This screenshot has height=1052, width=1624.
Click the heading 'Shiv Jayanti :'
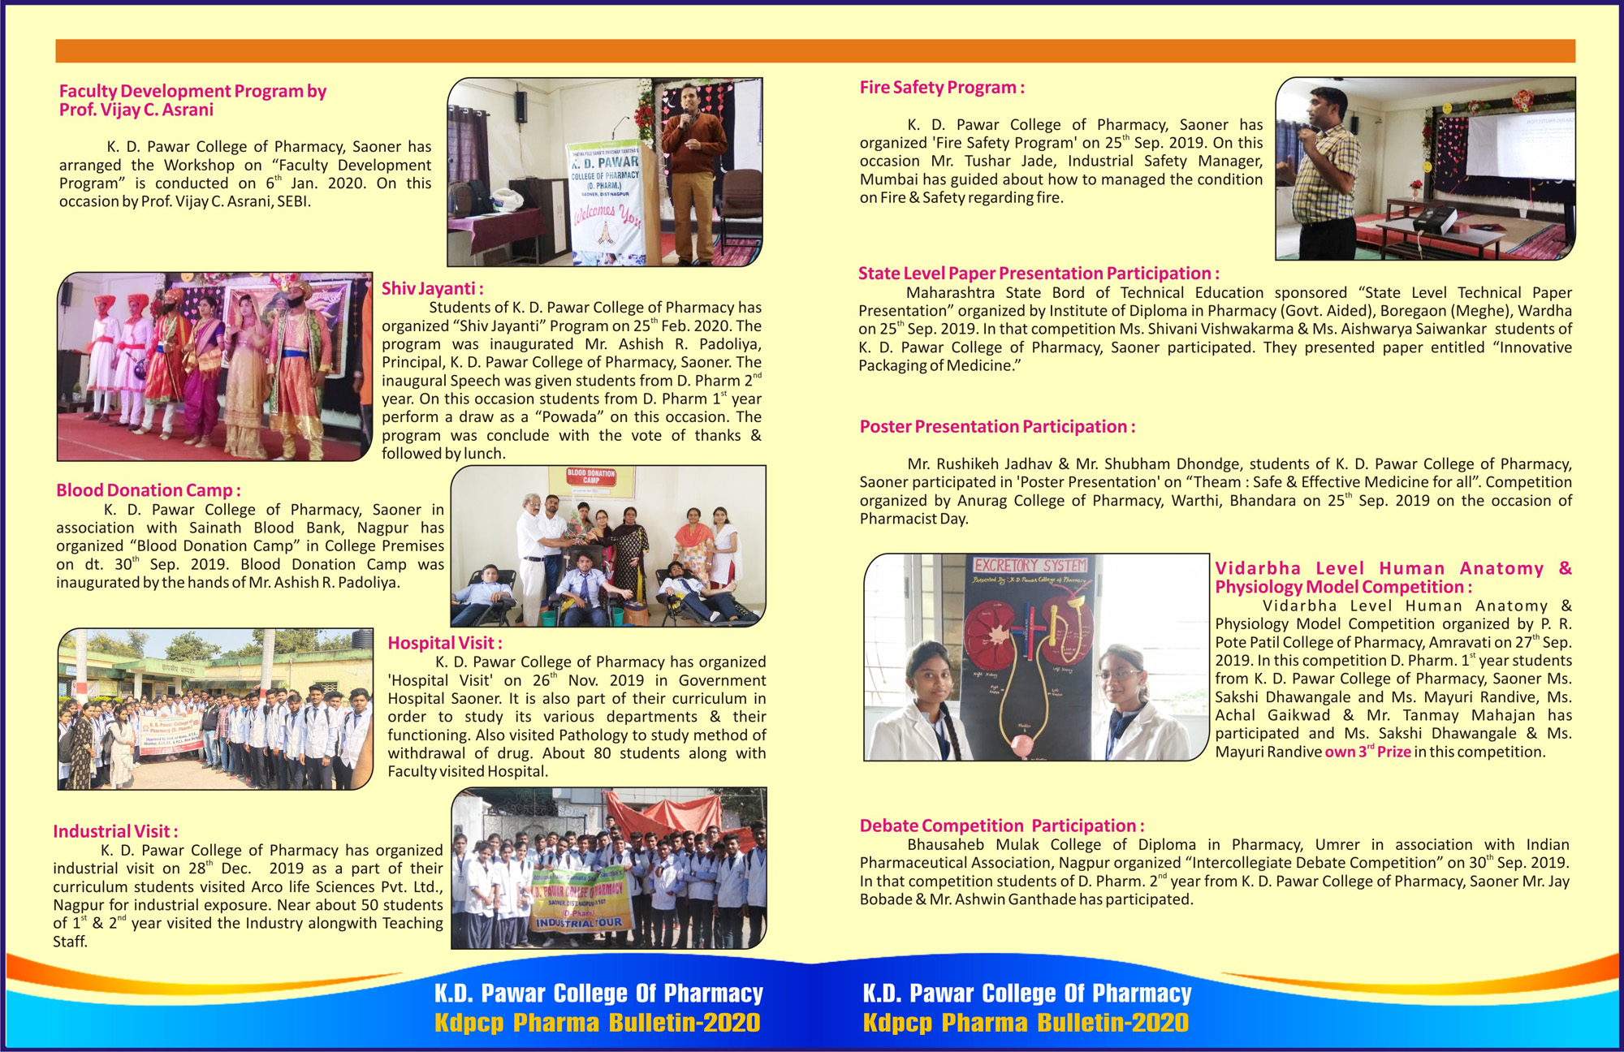[x=432, y=289]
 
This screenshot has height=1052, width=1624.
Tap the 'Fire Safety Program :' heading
[x=941, y=88]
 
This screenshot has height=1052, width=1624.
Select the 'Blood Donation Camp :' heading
[x=148, y=490]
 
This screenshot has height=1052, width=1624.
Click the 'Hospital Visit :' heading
[x=444, y=643]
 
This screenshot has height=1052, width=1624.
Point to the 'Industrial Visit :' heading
[x=114, y=831]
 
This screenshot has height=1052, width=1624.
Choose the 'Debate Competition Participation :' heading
[x=1001, y=826]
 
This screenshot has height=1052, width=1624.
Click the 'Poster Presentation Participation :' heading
[x=996, y=427]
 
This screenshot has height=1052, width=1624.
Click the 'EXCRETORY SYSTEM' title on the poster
[x=1030, y=565]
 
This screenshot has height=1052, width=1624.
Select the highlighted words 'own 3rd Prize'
[x=1367, y=752]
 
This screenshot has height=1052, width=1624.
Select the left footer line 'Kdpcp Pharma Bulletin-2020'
[x=597, y=1023]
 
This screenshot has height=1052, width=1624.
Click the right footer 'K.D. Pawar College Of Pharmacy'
[x=1026, y=994]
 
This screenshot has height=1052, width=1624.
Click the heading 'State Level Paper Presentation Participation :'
[x=1038, y=274]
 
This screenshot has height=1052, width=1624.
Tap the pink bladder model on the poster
[x=1023, y=744]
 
